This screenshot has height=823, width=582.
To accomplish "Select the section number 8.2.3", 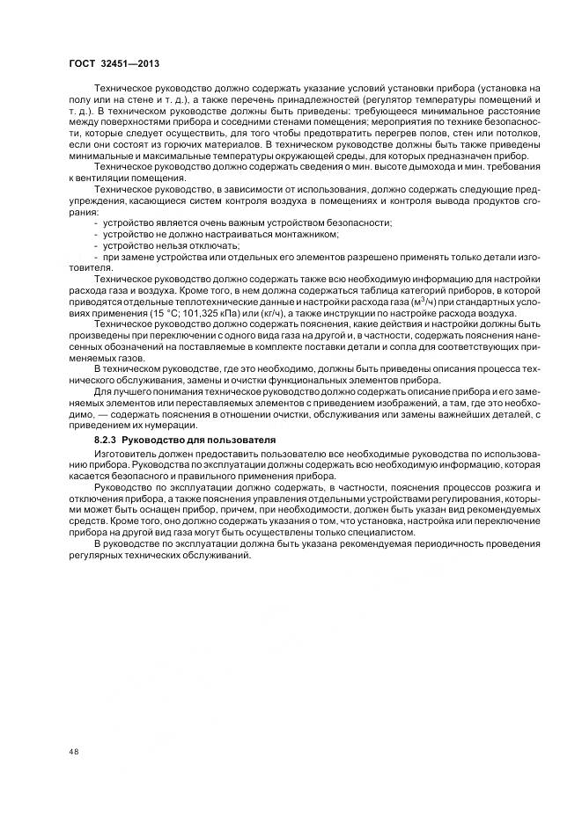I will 106,438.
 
